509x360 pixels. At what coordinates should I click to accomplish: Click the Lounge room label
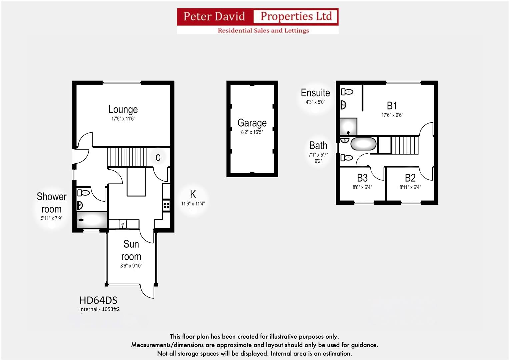coord(123,109)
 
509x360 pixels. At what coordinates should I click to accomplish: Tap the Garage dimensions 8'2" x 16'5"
coord(252,132)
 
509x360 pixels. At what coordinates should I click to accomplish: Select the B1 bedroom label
coord(392,106)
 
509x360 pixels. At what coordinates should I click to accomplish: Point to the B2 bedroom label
coord(410,178)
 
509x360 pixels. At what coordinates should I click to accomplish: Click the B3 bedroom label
coord(362,178)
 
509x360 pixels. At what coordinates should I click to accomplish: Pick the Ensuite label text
coord(315,93)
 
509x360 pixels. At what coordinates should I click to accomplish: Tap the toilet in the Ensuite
coord(347,92)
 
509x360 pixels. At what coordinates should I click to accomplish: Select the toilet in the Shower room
coord(83,193)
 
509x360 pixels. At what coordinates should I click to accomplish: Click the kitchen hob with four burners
coord(166,205)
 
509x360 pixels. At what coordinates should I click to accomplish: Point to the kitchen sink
coord(123,224)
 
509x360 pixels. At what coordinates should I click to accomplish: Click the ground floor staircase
coord(127,157)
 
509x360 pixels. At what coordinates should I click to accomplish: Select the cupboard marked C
coord(158,157)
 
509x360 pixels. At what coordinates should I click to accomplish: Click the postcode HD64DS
coord(98,300)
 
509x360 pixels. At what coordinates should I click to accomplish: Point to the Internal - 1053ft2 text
coord(99,309)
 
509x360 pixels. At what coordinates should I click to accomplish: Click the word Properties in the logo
coord(296,16)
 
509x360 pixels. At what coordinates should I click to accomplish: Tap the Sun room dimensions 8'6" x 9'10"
coord(131,266)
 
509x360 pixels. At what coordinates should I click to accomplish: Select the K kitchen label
coord(193,194)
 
